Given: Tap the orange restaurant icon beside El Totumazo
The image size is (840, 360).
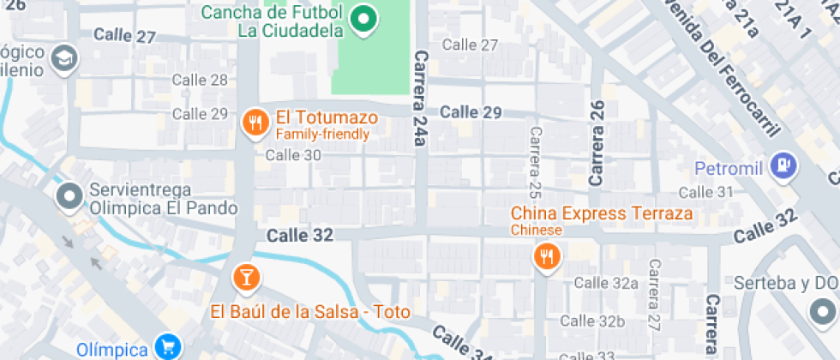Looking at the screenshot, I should click(x=254, y=122).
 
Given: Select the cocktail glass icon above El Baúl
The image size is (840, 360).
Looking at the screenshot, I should click(x=246, y=277).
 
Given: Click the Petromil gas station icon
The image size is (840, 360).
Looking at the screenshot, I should click(x=783, y=165).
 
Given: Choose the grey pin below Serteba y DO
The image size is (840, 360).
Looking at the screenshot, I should click(x=821, y=309).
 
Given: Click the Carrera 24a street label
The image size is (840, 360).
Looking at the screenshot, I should click(x=419, y=97).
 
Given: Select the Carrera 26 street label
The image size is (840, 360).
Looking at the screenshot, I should click(x=597, y=143).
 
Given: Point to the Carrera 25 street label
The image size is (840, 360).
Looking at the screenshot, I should click(x=536, y=159).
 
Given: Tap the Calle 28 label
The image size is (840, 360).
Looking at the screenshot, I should click(x=200, y=80).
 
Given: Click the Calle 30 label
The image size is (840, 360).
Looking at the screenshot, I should click(x=293, y=155).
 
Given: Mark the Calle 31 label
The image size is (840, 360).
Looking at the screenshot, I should click(x=706, y=192).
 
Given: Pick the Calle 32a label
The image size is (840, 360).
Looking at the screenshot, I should click(x=606, y=283).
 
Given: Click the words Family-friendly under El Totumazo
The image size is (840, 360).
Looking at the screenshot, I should click(x=322, y=135).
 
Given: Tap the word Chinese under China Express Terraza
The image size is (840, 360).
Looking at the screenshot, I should click(x=537, y=230).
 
